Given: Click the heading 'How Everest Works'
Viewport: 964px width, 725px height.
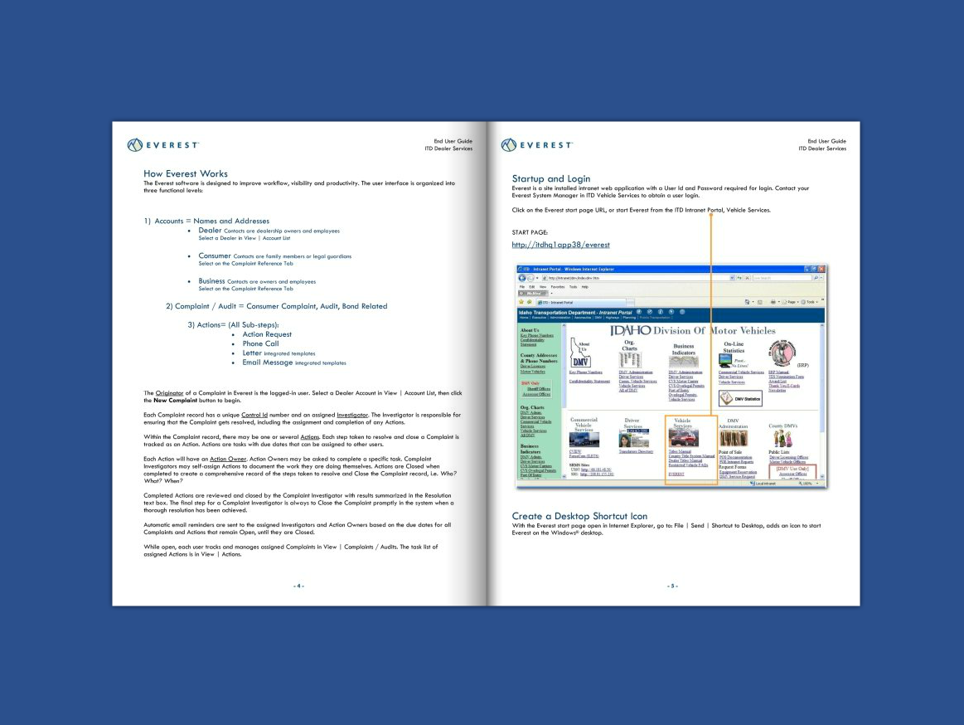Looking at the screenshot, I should pos(185,173).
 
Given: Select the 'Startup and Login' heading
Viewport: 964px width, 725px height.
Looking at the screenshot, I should pos(551,178).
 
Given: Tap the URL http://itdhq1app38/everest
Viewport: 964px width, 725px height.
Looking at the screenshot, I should pos(560,245).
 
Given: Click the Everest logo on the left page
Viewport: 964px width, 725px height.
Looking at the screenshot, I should pos(163,145).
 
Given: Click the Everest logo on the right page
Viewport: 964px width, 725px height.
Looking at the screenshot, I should pos(536,145).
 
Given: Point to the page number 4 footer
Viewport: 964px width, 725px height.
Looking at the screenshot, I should pos(298,586).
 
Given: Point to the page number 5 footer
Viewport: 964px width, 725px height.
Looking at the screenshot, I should pos(671,586).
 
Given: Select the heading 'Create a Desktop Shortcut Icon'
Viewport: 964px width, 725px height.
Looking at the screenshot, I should pos(579,516).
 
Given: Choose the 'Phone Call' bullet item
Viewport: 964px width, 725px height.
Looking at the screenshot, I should pos(260,343).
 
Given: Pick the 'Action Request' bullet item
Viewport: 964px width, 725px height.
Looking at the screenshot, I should pos(267,334).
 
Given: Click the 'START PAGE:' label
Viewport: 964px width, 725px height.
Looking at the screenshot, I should pos(530,232).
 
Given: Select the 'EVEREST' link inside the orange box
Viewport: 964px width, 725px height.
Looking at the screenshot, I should pos(676,474).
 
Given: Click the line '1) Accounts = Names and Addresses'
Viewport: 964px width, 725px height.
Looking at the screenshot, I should pos(206,221).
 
